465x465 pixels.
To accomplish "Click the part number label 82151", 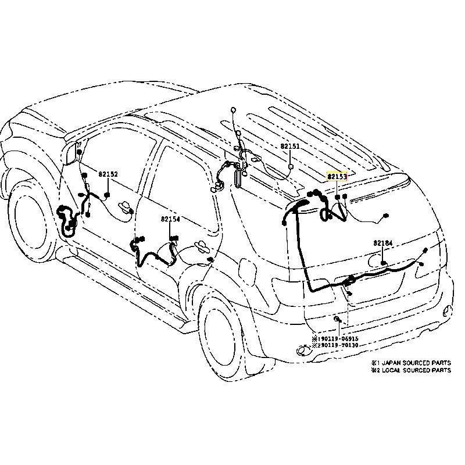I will click(289, 147).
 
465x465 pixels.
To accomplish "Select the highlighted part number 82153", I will click(337, 176).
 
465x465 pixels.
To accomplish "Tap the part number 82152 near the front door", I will click(108, 174).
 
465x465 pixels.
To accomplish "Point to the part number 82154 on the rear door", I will click(171, 219).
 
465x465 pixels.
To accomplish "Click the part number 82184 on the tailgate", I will click(383, 242).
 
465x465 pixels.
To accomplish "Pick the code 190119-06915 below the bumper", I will click(338, 338).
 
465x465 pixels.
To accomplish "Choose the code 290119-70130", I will click(338, 345).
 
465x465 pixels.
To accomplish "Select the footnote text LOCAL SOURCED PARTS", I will click(415, 370).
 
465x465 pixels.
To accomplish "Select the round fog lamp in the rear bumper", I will click(303, 350).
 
